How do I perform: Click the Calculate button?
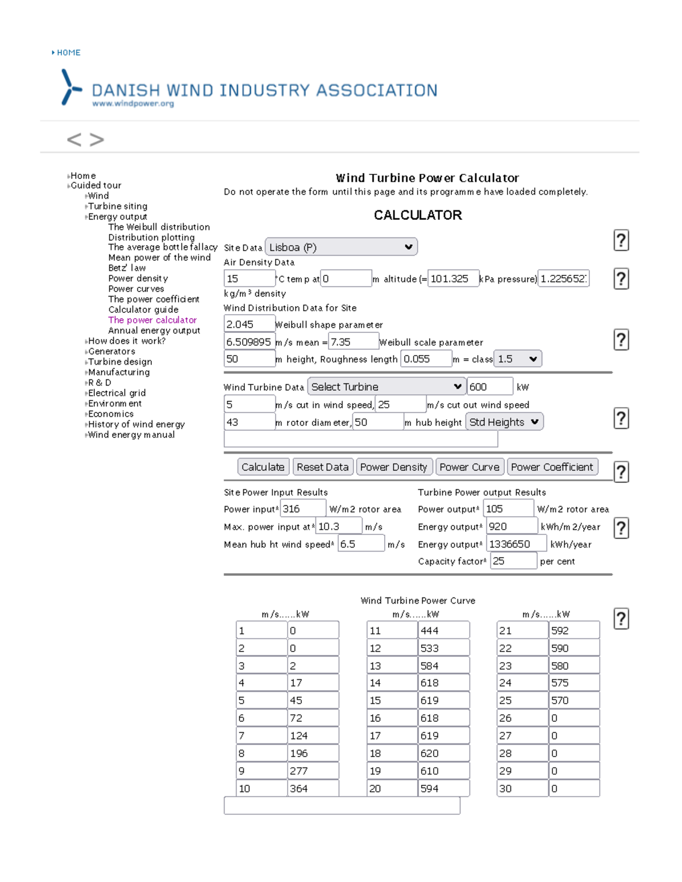[263, 467]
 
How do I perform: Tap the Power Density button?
[393, 467]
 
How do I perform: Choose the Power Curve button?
[469, 467]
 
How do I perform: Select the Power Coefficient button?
[552, 467]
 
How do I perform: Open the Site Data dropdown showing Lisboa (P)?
[341, 247]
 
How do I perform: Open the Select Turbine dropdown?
[386, 387]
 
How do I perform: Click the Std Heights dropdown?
[504, 422]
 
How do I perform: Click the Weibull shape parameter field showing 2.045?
[249, 324]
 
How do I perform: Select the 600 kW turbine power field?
[490, 387]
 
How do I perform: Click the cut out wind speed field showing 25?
[401, 404]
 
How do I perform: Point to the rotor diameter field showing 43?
[249, 422]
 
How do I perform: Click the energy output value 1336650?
[517, 544]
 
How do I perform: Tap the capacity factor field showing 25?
[513, 561]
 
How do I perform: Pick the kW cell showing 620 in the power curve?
[443, 753]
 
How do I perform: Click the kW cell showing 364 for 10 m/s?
[313, 788]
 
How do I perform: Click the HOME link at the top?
[68, 53]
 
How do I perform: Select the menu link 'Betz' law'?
[127, 268]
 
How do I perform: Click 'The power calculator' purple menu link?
[152, 320]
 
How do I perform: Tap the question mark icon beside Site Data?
[621, 241]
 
